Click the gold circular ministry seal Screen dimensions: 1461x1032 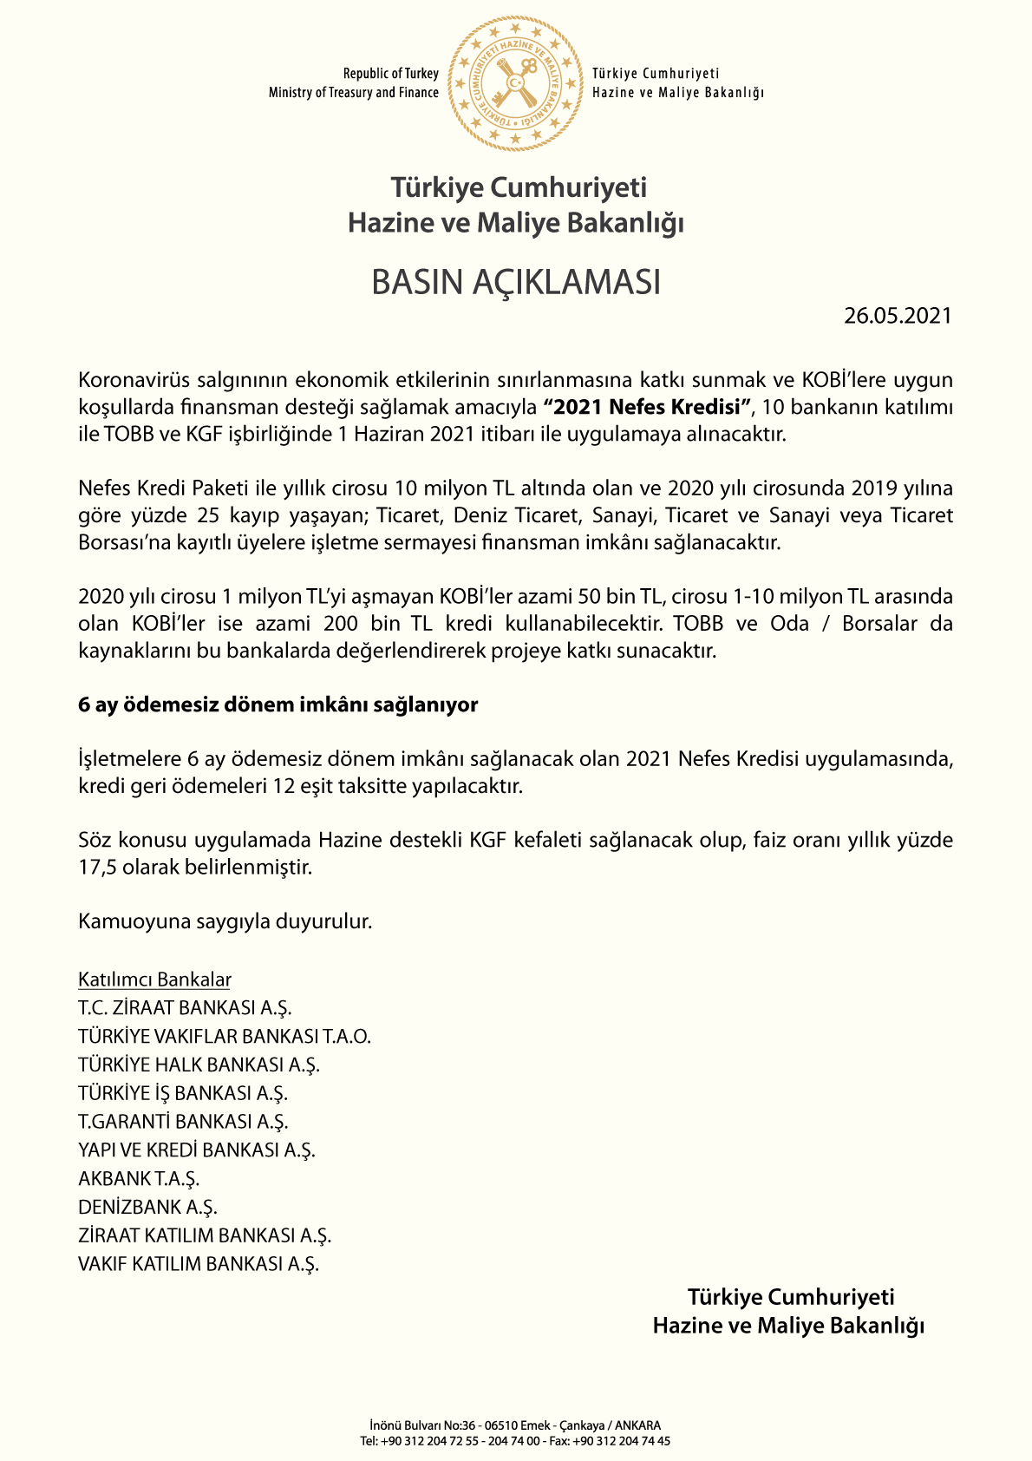[515, 83]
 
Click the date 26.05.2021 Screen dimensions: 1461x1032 [898, 316]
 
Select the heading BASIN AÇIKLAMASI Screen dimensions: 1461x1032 [516, 283]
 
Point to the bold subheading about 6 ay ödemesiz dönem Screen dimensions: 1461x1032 [278, 704]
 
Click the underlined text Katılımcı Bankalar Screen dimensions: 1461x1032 [154, 979]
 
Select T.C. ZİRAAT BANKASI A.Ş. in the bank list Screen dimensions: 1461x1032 [185, 1008]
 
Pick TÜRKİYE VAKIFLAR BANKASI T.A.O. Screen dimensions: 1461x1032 [224, 1037]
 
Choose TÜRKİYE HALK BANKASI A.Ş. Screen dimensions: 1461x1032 [199, 1065]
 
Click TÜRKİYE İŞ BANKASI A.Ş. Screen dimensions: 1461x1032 [182, 1093]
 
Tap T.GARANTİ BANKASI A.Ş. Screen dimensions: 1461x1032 [182, 1122]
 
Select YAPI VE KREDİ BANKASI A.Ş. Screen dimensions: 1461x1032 [196, 1150]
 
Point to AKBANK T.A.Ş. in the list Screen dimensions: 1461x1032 [139, 1179]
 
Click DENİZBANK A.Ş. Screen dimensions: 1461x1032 [147, 1208]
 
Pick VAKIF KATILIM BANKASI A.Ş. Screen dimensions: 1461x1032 [198, 1264]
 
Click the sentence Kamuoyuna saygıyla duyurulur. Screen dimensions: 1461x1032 [225, 921]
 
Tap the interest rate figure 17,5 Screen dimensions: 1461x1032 [96, 867]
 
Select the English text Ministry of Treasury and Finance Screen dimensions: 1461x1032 [353, 93]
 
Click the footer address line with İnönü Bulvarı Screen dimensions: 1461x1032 [515, 1425]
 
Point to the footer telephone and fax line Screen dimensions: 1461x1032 [515, 1441]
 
